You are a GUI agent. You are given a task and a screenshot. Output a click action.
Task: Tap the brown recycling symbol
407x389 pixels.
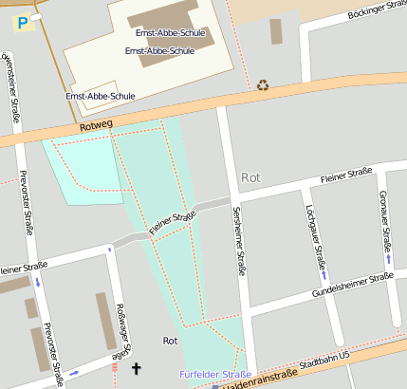coord(263,84)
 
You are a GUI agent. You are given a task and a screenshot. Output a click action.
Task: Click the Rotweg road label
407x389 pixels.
coord(97,124)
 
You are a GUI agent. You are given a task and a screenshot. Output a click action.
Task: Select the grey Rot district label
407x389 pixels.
coord(250,177)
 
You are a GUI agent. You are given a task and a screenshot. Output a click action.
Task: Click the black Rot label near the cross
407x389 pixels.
coord(171,341)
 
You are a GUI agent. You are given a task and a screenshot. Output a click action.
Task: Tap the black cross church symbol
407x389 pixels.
coord(136,367)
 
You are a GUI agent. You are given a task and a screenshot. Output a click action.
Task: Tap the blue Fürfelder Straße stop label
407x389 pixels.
coord(215,374)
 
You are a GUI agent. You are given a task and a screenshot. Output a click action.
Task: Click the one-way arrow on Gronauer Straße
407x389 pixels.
coord(389,258)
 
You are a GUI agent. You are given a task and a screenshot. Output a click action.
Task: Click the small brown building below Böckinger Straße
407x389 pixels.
coord(276,31)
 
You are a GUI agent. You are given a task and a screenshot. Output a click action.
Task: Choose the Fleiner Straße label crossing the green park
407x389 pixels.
coord(173,224)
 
